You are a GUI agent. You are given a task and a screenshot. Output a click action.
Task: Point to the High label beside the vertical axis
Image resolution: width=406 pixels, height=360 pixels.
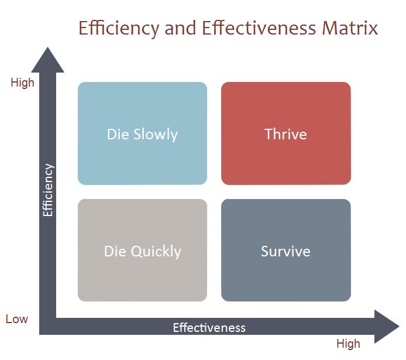click(23, 83)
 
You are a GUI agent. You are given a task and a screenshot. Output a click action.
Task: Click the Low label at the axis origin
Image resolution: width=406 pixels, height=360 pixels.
click(17, 319)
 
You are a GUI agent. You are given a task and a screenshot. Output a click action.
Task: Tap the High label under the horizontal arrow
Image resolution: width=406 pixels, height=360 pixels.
click(348, 344)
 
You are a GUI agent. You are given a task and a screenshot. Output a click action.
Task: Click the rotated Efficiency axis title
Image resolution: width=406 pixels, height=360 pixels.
click(48, 190)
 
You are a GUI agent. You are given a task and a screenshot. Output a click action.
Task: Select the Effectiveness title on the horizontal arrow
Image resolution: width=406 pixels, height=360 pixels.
click(209, 328)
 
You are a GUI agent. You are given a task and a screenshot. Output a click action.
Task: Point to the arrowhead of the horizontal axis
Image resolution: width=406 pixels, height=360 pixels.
click(386, 327)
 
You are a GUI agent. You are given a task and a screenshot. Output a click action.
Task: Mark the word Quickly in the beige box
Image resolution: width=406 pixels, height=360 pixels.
click(156, 252)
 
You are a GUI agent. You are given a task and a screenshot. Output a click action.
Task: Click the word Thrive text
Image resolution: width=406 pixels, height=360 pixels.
click(285, 134)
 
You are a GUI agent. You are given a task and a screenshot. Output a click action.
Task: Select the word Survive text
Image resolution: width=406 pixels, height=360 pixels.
click(285, 252)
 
